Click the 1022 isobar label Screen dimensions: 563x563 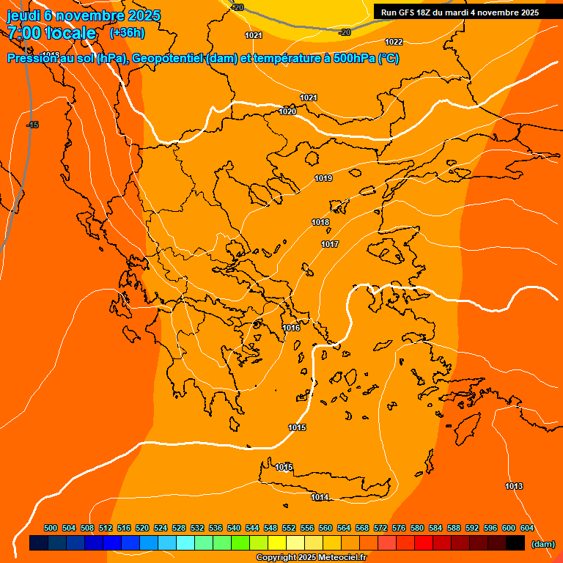coord(394,42)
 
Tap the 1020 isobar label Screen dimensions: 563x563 coord(287,111)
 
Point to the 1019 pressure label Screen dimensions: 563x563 coord(323,178)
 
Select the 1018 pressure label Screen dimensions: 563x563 coord(320,222)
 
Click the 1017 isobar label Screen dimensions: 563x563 coord(330,244)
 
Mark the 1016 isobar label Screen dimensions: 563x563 coord(291,328)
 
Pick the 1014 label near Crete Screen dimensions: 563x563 coord(319,498)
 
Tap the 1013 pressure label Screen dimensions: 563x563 coord(514,486)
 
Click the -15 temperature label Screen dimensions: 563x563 coord(32,125)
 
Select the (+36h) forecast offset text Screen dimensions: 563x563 coord(127,33)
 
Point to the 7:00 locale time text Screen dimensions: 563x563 coord(51,33)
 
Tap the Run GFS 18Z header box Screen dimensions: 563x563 coord(460,12)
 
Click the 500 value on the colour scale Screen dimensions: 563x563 coord(51,528)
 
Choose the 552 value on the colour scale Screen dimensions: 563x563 coord(289,528)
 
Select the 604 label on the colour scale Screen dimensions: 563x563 coord(527,528)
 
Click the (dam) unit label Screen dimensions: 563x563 coord(543,544)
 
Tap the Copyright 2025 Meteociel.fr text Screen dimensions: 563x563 coord(311,557)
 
